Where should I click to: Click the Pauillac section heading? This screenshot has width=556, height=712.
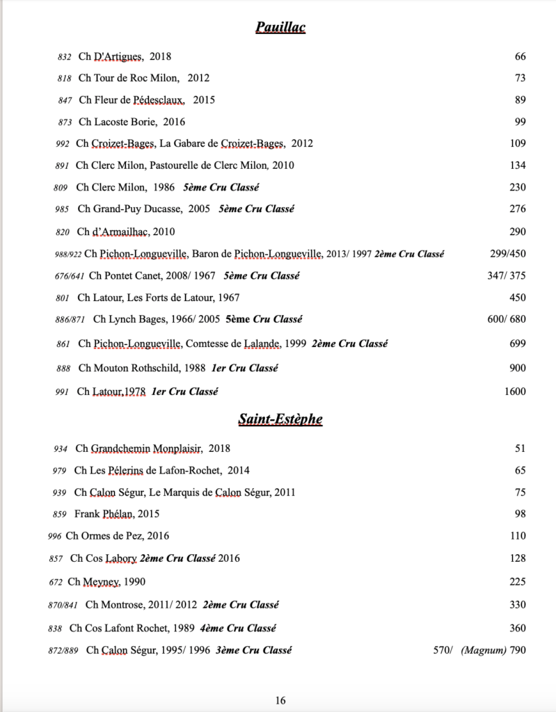coord(280,27)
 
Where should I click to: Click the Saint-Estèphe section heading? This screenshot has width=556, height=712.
coord(280,419)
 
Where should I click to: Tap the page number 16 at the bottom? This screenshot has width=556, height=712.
coord(280,700)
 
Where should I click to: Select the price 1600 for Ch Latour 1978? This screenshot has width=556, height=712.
coord(515,391)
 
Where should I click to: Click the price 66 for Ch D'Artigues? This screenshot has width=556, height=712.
coord(521,56)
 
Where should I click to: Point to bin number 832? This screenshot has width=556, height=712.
coord(65,57)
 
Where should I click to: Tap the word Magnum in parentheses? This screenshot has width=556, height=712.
coord(483,650)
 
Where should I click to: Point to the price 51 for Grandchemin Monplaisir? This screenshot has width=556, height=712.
coord(521,448)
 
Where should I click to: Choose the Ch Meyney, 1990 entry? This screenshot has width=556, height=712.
coord(106,581)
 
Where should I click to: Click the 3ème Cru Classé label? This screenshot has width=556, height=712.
coord(253,650)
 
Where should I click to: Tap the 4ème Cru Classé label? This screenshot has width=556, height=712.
coord(238,628)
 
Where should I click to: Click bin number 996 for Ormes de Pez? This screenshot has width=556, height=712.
coord(54,536)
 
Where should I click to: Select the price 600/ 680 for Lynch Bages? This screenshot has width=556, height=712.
coord(507,319)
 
